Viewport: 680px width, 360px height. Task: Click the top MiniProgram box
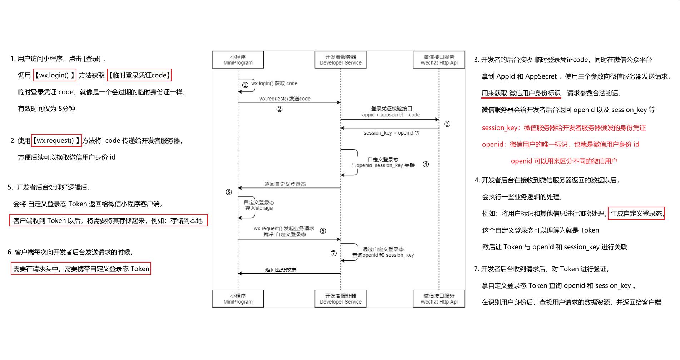click(238, 60)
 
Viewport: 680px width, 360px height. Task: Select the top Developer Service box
click(341, 60)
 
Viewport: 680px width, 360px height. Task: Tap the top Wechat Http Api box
click(439, 60)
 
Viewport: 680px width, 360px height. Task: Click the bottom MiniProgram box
click(238, 299)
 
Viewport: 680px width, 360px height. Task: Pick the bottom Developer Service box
click(341, 299)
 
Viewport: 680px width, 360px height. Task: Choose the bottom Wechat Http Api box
click(439, 299)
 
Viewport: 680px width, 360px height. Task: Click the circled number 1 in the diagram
click(245, 85)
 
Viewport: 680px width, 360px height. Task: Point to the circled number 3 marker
click(447, 124)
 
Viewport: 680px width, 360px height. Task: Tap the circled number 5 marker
click(229, 192)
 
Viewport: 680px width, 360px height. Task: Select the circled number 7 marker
click(333, 253)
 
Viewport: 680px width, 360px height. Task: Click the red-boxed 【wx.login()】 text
click(55, 75)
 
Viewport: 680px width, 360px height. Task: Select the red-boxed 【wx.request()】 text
click(56, 141)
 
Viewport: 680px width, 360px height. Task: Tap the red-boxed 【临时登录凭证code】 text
click(139, 75)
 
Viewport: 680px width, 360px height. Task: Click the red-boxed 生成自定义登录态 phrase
click(636, 214)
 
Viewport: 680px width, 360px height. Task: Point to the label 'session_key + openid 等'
click(392, 133)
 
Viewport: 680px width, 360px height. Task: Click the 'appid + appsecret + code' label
click(391, 115)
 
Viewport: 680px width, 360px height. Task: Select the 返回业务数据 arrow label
click(281, 270)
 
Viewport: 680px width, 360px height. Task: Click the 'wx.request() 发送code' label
click(285, 99)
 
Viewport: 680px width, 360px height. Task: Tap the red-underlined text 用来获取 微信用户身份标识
click(521, 93)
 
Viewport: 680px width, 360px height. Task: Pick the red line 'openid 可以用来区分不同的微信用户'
click(564, 161)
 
